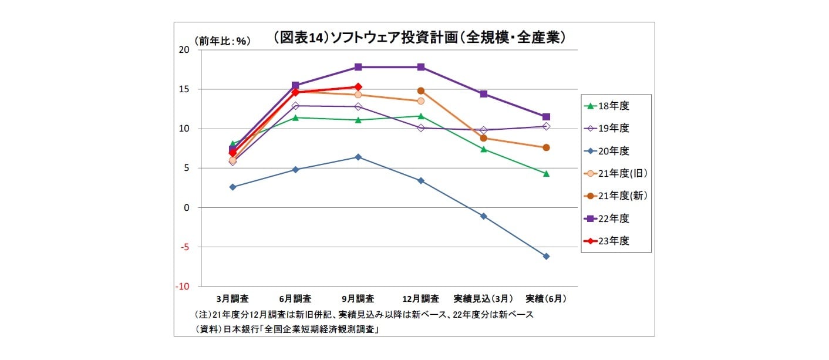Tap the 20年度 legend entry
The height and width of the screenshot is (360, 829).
tap(614, 151)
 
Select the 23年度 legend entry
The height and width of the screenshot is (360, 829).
tap(614, 241)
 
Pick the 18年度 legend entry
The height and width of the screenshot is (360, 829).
tap(614, 106)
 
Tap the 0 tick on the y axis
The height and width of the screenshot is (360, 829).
tap(187, 208)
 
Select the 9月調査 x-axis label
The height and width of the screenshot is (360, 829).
tap(358, 298)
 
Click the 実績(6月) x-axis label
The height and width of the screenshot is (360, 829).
tap(546, 298)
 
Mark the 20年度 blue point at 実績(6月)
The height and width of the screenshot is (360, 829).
tap(546, 257)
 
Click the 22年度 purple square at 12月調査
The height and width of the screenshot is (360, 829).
tap(421, 67)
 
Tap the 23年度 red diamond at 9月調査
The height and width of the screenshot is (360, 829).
tap(358, 87)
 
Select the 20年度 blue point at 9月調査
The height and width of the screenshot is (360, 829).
tap(358, 157)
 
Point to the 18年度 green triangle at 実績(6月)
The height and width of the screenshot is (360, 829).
tap(546, 174)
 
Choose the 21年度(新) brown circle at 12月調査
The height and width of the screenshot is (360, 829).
tap(421, 91)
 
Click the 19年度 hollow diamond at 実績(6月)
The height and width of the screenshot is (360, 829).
tap(546, 126)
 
